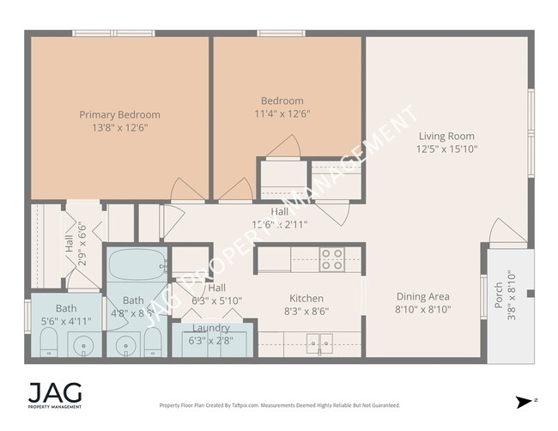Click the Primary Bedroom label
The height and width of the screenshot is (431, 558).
119,114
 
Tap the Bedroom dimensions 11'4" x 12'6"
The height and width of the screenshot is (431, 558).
282,113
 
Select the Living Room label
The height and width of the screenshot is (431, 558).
446,136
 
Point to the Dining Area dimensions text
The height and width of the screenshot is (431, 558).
422,309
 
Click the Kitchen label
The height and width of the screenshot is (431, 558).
306,298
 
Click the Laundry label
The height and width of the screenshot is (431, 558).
210,328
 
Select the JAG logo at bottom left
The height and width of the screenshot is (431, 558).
56,394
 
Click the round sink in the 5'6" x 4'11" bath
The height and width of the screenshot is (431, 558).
83,348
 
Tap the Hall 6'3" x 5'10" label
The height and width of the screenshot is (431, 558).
216,294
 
